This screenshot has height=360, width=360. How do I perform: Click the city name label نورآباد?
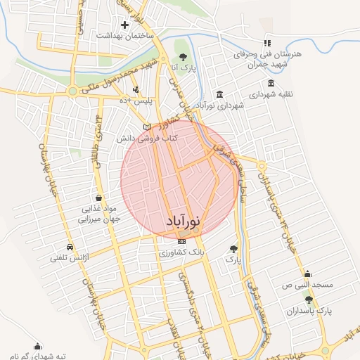pyautogui.click(x=183, y=221)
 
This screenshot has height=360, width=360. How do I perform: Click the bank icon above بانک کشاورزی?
pyautogui.click(x=182, y=241)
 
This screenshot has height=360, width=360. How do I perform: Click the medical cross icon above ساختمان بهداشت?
pyautogui.click(x=124, y=25)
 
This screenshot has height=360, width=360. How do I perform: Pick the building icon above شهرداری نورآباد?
pyautogui.click(x=221, y=94)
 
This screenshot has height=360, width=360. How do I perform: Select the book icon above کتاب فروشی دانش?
pyautogui.click(x=147, y=127)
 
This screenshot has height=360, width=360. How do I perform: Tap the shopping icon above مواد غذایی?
pyautogui.click(x=96, y=198)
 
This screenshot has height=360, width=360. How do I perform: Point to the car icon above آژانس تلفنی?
pyautogui.click(x=70, y=247)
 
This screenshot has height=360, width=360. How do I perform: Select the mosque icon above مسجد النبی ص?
pyautogui.click(x=307, y=275)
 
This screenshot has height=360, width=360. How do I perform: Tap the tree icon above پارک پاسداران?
pyautogui.click(x=309, y=300)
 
